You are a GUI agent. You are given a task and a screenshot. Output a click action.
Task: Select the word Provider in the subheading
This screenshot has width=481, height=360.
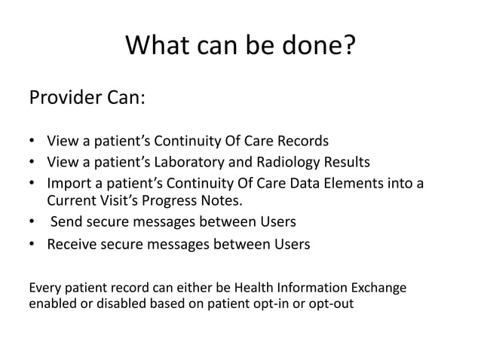pyautogui.click(x=61, y=98)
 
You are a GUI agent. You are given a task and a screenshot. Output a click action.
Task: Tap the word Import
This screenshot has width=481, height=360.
pyautogui.click(x=67, y=183)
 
